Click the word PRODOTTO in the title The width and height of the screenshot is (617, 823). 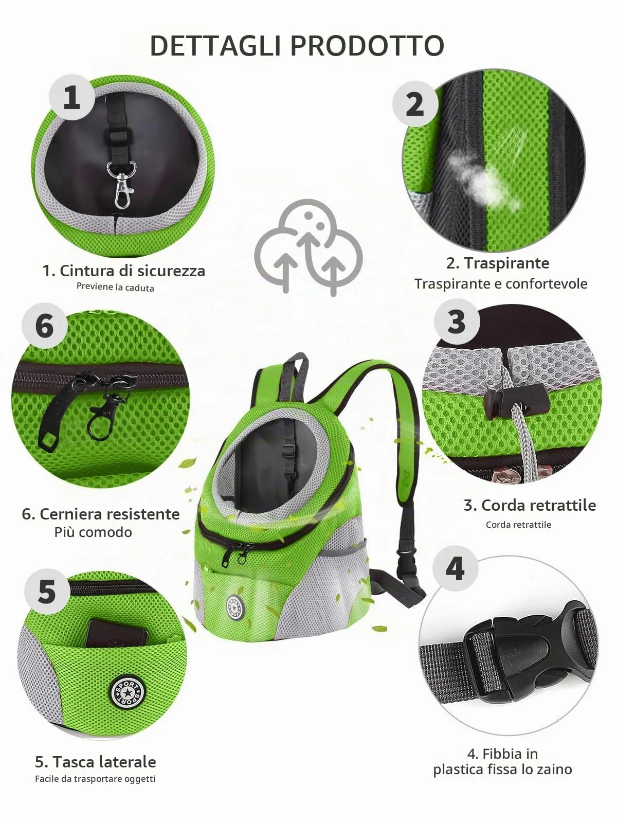tap(368, 46)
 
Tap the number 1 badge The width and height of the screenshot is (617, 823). tap(72, 97)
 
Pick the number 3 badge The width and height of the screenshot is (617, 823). tap(457, 321)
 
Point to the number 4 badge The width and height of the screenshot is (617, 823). tap(455, 568)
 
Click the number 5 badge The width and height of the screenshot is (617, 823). tap(47, 592)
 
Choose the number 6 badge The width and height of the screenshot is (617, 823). tap(45, 326)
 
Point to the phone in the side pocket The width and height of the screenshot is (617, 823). tap(117, 633)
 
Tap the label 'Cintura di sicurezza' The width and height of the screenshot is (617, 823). tap(132, 271)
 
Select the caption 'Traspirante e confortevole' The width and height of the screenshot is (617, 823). tap(501, 284)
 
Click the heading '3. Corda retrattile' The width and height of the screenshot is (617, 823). tap(530, 506)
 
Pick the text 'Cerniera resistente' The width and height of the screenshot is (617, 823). tap(110, 514)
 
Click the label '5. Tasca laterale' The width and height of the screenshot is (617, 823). tap(96, 762)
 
